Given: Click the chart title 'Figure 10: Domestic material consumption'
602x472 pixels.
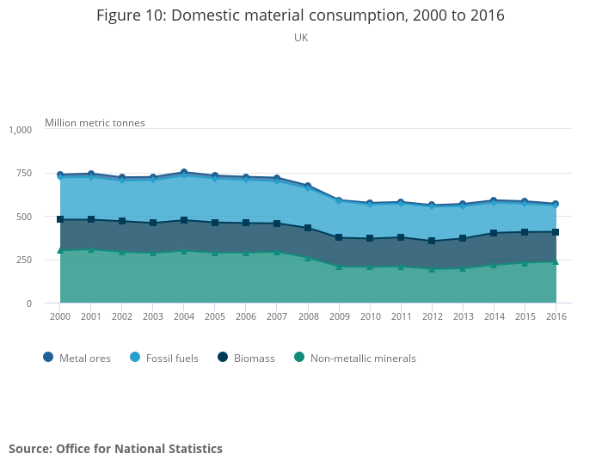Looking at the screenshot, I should pos(300,15).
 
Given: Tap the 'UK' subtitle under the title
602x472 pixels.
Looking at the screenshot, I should pos(301,38).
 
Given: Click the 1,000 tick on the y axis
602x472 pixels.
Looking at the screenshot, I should pos(20,130).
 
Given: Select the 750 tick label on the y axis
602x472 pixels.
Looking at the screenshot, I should pos(23,174).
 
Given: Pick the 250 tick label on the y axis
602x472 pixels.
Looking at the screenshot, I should pos(23,260).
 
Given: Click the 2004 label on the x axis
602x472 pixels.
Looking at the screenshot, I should pos(184,316).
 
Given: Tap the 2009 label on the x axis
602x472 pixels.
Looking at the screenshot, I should pos(339,316).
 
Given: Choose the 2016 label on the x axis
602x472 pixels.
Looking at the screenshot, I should pos(556,316).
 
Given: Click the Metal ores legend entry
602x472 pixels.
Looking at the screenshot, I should pos(77,358).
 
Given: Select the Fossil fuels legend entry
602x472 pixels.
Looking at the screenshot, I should pos(164,358).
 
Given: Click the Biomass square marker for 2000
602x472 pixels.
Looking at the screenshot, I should pos(60,219).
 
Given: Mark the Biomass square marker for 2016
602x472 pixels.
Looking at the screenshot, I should pos(556,232).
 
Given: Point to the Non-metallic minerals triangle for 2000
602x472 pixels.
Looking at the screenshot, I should pos(60,249).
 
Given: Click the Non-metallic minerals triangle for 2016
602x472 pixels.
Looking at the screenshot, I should pos(556,261).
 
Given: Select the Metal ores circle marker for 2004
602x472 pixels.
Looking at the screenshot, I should pos(184,173).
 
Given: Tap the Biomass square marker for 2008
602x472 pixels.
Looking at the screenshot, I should pos(308,228).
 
